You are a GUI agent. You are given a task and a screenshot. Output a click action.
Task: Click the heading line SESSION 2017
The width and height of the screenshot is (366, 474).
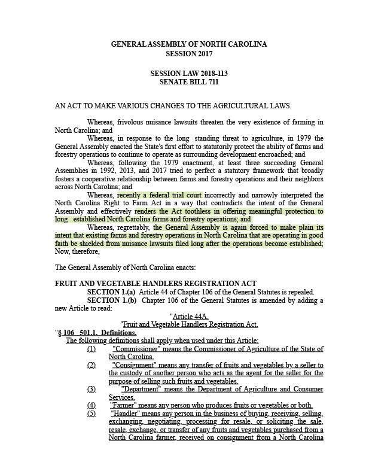(x=188, y=54)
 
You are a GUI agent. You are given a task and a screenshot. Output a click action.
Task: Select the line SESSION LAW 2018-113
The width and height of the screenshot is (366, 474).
(x=188, y=73)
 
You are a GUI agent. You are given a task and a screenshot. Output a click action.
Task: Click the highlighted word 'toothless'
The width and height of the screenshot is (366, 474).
(x=194, y=211)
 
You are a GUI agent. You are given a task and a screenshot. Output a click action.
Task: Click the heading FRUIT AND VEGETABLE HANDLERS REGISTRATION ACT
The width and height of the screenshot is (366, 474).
(x=155, y=283)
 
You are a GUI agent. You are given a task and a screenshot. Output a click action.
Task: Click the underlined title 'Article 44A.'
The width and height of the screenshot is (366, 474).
(x=190, y=316)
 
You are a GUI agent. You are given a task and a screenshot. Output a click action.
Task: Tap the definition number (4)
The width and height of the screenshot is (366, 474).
(x=91, y=405)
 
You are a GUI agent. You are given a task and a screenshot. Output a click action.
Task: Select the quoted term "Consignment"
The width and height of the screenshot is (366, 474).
(x=132, y=365)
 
